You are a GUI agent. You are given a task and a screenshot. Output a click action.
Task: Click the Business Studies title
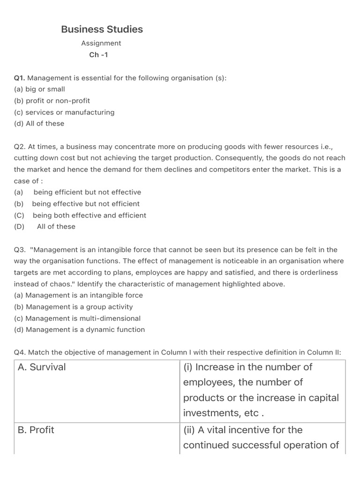102,29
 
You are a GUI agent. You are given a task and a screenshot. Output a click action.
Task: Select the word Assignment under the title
101,43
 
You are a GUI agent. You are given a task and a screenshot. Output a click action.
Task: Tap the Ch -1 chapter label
98,55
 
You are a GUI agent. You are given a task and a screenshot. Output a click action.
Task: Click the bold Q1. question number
20,78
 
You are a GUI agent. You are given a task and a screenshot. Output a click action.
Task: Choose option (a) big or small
39,89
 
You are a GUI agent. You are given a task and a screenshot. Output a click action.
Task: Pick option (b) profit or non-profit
52,101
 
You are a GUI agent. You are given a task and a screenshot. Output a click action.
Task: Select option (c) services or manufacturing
64,112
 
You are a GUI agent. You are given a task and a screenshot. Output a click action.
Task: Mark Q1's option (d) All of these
39,124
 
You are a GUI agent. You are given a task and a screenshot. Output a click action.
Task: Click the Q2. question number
20,147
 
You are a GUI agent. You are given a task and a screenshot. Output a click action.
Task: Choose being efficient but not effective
87,192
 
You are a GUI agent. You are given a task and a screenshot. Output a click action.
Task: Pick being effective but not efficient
86,204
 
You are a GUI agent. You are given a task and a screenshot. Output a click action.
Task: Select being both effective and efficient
90,216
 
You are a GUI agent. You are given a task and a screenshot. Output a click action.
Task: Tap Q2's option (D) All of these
56,226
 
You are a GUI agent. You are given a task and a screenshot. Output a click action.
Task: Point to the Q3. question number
20,250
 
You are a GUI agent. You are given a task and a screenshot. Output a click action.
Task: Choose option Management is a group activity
74,307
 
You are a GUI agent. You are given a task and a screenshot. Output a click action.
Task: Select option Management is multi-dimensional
77,318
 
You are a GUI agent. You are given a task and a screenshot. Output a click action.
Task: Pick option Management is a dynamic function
80,330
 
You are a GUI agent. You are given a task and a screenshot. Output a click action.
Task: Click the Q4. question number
20,352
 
